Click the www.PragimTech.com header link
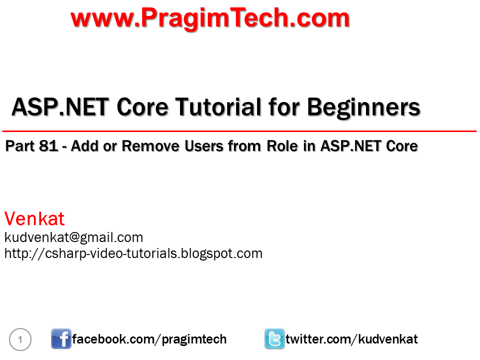[x=210, y=18]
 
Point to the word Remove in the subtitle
[x=145, y=146]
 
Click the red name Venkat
[x=34, y=219]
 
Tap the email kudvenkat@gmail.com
[x=73, y=237]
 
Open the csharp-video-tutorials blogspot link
[x=133, y=253]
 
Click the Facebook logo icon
[x=61, y=339]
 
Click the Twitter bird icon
[x=274, y=339]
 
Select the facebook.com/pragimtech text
[x=149, y=339]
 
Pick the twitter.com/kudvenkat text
[x=351, y=339]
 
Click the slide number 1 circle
[x=20, y=340]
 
